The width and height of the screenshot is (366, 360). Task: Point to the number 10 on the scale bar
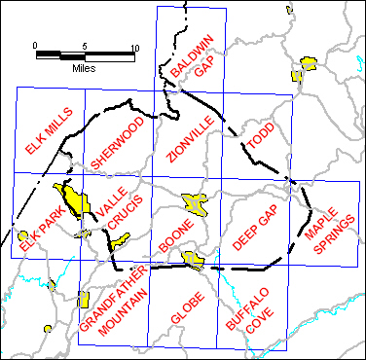tap(134, 46)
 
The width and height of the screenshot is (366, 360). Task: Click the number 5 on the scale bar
tap(85, 46)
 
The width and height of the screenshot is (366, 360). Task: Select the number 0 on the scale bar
tap(35, 46)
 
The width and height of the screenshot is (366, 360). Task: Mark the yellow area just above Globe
tap(193, 258)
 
